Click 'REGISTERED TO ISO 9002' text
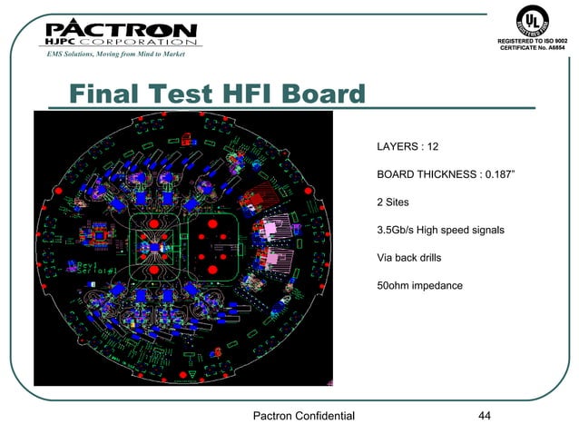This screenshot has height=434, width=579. (x=533, y=41)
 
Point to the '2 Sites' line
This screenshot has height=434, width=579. (x=394, y=202)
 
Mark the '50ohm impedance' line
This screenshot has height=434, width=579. (x=419, y=286)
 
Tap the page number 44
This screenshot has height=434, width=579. (x=484, y=416)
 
